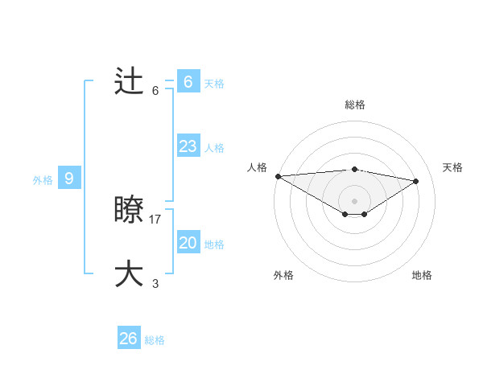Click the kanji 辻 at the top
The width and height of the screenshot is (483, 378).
point(130,81)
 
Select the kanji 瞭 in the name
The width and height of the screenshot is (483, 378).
point(130,210)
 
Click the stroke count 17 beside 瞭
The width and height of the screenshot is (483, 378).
point(155,219)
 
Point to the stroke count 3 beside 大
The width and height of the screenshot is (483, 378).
point(155,283)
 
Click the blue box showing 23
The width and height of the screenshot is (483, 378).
point(188,146)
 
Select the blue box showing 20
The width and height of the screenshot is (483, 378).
point(188,243)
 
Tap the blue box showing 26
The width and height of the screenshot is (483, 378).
point(128,339)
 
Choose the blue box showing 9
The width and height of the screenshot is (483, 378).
point(68,179)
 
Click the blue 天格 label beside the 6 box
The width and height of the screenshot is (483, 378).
point(214,84)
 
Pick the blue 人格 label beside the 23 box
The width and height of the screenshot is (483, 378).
point(214,148)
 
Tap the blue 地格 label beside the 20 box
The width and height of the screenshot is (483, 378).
point(214,244)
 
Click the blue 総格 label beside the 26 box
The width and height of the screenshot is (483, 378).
point(155,340)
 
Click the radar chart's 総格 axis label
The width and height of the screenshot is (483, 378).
point(354,105)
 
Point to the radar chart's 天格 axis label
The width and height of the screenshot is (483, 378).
point(452,167)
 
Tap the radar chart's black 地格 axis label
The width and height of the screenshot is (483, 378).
point(422,275)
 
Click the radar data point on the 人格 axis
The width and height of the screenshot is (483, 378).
point(278,175)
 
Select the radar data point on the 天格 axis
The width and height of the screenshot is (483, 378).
point(416,180)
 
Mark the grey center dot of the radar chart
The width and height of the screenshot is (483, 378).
point(354,200)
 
